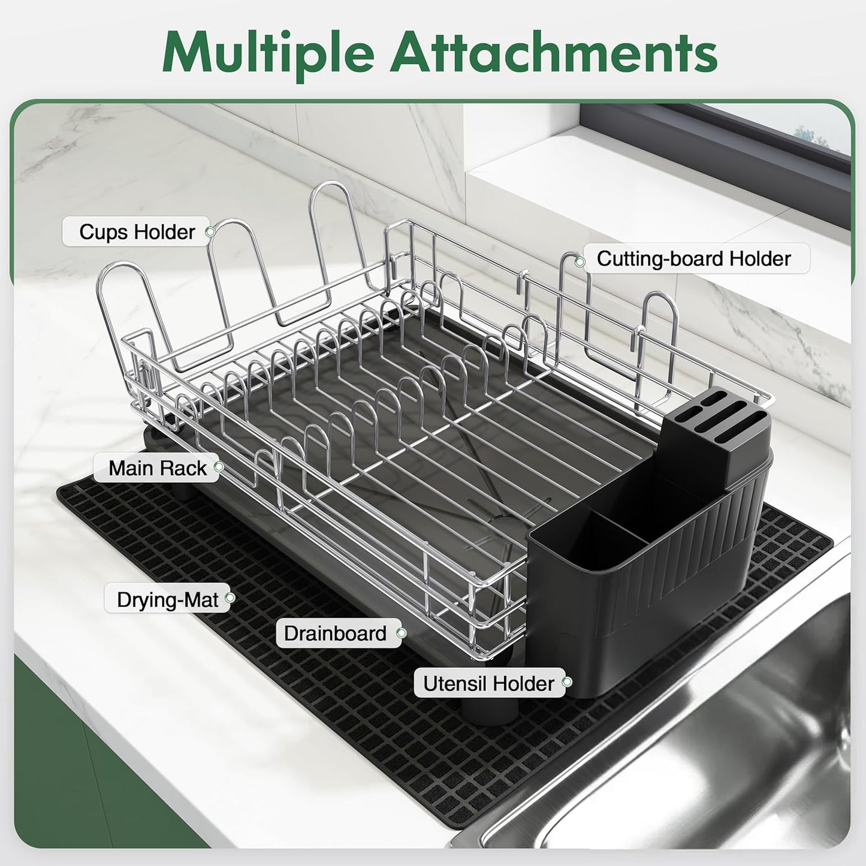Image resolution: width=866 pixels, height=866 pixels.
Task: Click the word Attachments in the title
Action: (x=554, y=52)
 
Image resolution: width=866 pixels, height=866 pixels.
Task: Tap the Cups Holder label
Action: (x=137, y=232)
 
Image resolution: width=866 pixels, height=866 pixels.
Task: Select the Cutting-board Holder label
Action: (x=693, y=259)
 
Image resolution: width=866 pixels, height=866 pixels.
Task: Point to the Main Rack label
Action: (x=157, y=468)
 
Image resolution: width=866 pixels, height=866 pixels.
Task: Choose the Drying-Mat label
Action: (x=167, y=599)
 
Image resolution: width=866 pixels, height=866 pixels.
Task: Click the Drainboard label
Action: (x=335, y=633)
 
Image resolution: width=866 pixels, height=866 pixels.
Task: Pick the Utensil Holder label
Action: (x=488, y=684)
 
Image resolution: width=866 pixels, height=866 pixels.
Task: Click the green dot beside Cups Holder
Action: (x=209, y=232)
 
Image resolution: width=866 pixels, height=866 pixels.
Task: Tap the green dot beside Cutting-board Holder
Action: (x=580, y=261)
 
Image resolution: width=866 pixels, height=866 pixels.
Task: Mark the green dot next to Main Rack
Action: (x=219, y=466)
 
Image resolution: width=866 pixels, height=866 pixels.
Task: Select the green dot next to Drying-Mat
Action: (x=228, y=598)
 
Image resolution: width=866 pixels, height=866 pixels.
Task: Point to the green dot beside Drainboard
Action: (x=401, y=633)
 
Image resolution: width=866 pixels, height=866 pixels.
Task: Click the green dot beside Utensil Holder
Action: (x=566, y=682)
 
